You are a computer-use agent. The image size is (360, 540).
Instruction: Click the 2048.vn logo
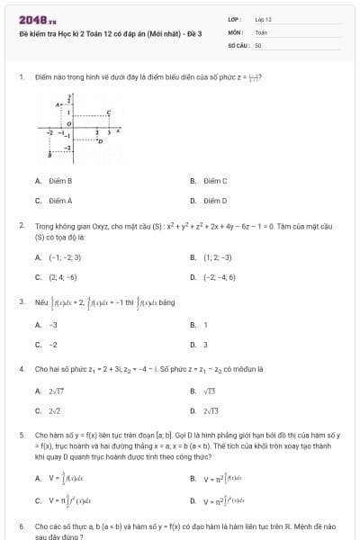(x=39, y=19)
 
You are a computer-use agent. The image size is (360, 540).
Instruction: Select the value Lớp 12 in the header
(x=263, y=18)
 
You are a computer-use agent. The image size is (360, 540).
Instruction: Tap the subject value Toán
(x=261, y=31)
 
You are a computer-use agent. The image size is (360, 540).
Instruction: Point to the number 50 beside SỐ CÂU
(x=258, y=43)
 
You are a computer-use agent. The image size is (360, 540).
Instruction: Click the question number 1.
(x=21, y=77)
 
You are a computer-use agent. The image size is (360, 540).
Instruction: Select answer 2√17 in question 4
(x=57, y=391)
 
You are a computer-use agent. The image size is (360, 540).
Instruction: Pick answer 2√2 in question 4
(x=55, y=410)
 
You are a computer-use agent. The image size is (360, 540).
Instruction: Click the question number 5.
(x=21, y=435)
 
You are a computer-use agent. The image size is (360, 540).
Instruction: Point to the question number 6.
(x=21, y=525)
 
